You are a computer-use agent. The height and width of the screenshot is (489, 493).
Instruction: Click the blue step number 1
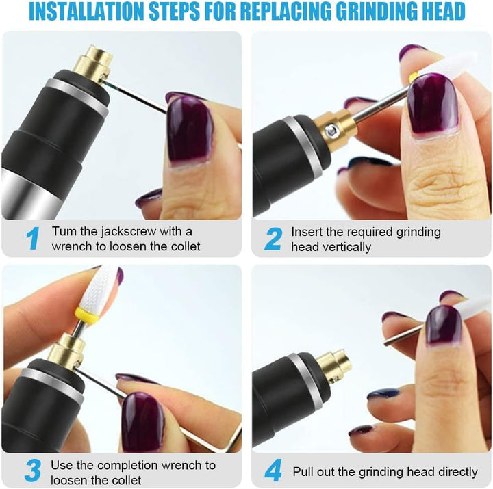(x=32, y=239)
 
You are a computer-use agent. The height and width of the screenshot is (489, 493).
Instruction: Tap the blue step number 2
(x=273, y=239)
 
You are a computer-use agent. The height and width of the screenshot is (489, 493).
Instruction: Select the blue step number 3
(x=32, y=471)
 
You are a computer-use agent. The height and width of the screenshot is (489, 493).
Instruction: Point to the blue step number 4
(x=273, y=471)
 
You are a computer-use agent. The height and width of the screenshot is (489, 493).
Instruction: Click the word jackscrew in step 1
(x=129, y=231)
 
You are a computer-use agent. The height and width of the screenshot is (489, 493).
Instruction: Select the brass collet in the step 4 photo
(x=333, y=366)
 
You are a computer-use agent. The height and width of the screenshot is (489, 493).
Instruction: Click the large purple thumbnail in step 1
(x=190, y=128)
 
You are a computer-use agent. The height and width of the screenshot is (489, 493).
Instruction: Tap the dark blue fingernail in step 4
(x=382, y=393)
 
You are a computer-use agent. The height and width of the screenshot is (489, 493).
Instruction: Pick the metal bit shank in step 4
(x=405, y=335)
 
